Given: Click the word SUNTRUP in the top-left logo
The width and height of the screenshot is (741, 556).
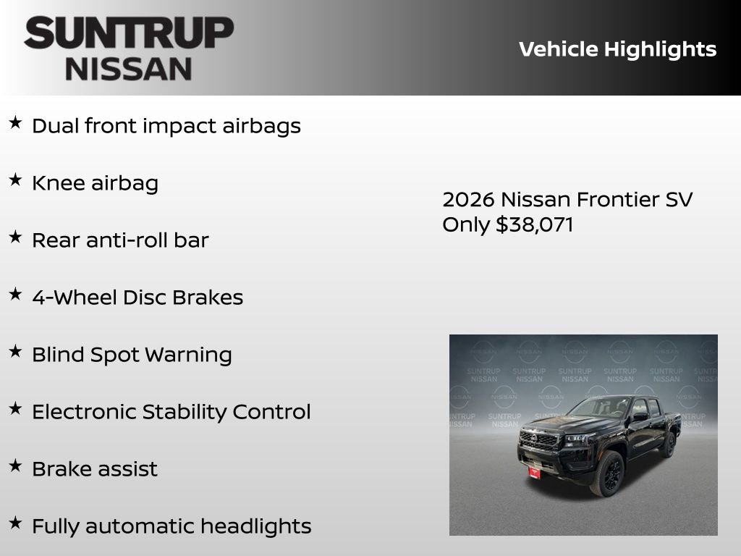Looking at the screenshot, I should pos(129,34).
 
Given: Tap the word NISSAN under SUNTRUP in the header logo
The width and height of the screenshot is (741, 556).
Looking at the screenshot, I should pos(129,69).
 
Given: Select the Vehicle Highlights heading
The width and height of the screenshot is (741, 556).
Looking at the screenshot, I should pos(617,49).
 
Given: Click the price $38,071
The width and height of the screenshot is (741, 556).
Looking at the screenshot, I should pos(534,224).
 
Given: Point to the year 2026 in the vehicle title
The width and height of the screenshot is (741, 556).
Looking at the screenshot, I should pos(468,199).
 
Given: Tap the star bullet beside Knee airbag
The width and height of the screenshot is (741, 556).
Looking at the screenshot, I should pos(15,180).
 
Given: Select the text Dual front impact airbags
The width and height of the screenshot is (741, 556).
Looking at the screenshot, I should pos(166,126).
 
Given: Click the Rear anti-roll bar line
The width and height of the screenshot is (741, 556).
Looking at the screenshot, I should pos(120,240).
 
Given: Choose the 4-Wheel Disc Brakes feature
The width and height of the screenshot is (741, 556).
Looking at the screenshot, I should pos(137,298).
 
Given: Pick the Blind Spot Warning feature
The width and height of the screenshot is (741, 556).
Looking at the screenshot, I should pos(132,355).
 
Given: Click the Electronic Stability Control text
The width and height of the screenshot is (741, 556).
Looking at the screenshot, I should pos(171,412).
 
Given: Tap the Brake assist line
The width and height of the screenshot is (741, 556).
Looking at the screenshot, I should pos(94,469).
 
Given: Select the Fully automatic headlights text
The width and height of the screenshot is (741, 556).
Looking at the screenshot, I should pos(172,526).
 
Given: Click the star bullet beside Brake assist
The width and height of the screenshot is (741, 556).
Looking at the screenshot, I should pos(15,466).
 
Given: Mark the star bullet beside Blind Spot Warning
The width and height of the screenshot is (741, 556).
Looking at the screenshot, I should pos(15,351).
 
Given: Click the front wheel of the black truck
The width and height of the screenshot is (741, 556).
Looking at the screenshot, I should pos(608,473).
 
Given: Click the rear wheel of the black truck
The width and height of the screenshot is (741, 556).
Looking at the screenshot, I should pos(667,443).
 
